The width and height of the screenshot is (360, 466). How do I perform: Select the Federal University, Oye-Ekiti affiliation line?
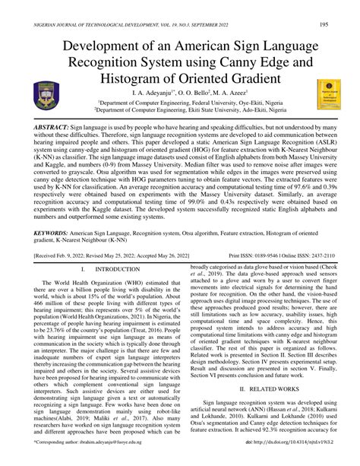180,104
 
